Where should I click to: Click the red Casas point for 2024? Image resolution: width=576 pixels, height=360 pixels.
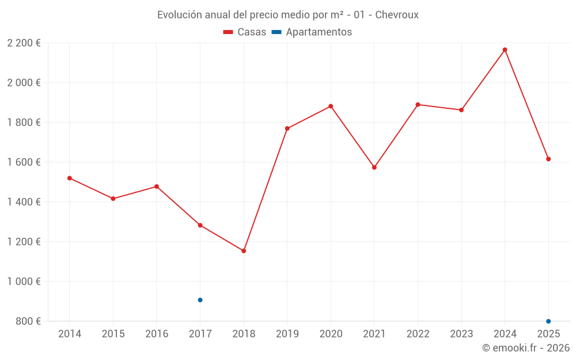[x=505, y=50]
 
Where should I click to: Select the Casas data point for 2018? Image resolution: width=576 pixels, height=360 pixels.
[x=244, y=251]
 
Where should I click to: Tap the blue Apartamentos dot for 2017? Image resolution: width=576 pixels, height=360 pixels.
[x=200, y=300]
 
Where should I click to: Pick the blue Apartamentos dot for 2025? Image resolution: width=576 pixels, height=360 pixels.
[x=548, y=321]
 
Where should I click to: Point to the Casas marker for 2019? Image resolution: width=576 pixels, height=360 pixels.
[x=287, y=128]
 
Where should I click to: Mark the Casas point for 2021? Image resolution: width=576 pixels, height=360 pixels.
[x=374, y=168]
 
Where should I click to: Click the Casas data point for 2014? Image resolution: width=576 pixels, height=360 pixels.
[x=70, y=178]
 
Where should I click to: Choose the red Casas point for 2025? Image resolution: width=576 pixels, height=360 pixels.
[x=548, y=159]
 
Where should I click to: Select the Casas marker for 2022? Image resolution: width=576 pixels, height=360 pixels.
[x=418, y=105]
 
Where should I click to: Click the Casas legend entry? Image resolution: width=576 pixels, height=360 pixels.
[x=245, y=32]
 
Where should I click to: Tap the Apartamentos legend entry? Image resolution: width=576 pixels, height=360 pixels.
[x=312, y=32]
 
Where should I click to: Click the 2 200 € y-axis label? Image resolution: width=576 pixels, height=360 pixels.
[x=24, y=43]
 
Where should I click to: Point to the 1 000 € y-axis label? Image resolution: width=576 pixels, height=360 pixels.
[x=24, y=282]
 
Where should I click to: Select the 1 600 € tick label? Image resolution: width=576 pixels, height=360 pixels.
[x=24, y=162]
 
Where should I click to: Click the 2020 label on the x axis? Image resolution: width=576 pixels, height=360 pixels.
[x=331, y=334]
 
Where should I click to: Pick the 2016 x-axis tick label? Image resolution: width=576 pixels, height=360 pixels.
[x=157, y=334]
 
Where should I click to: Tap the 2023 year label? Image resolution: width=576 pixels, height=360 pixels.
[x=461, y=334]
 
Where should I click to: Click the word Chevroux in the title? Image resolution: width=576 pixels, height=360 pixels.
[x=396, y=14]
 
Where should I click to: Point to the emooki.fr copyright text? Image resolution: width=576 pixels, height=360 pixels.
[x=526, y=348]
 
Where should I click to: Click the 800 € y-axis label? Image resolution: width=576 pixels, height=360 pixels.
[x=28, y=321]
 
